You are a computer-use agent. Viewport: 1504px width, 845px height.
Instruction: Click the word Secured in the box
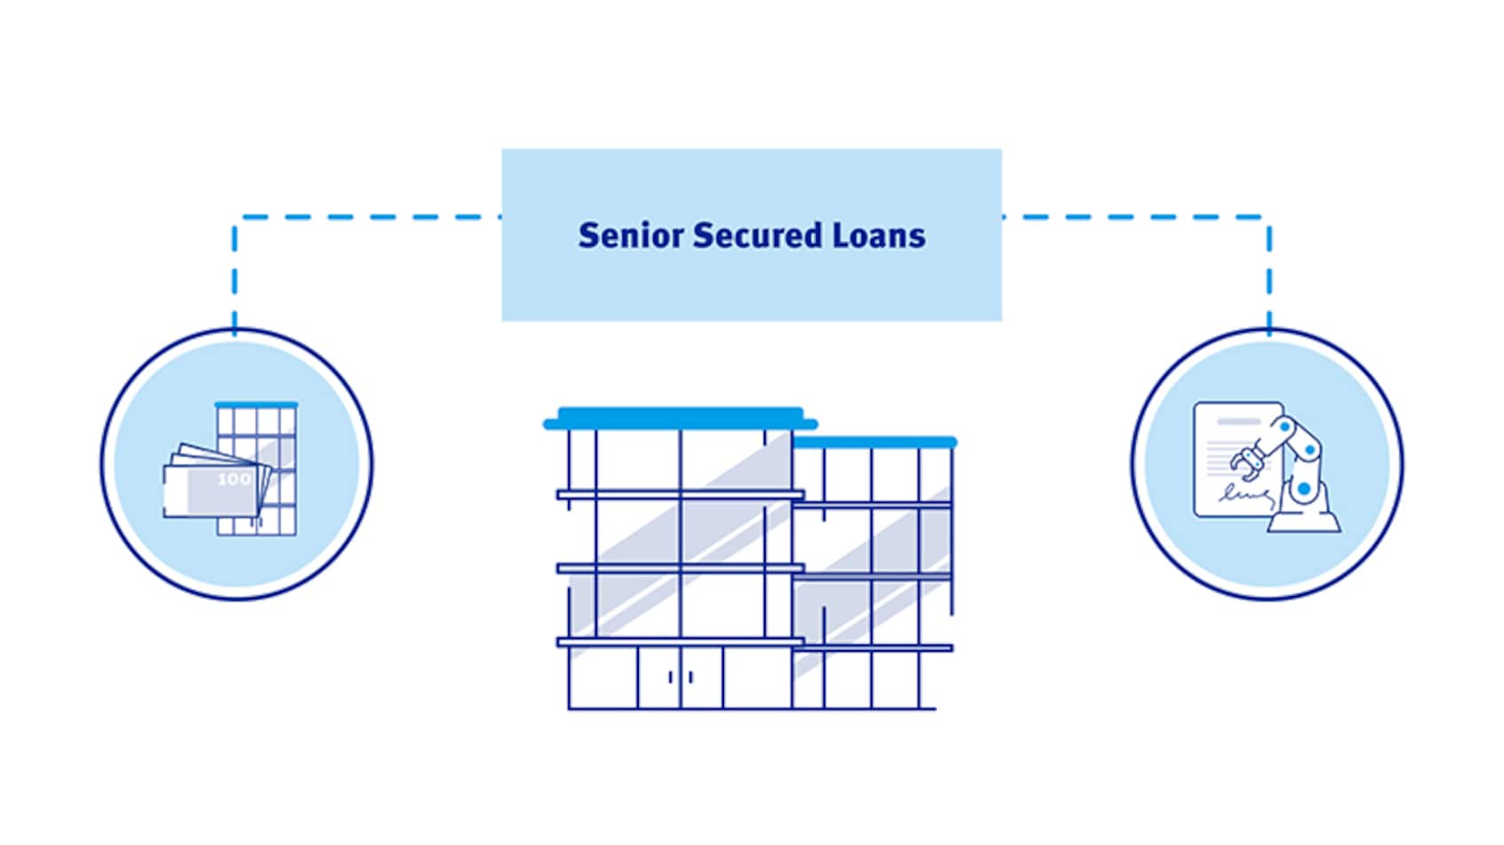coord(758,236)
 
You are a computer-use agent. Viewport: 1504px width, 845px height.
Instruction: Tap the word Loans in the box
coord(879,236)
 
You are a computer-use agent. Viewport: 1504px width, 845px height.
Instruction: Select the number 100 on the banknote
coord(233,479)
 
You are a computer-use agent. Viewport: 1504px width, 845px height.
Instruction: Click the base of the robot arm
coord(1304,520)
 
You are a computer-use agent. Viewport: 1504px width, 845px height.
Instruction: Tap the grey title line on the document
coord(1239,421)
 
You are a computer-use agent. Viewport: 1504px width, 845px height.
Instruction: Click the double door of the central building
coord(681,677)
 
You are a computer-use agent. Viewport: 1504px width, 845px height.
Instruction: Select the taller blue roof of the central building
coord(681,418)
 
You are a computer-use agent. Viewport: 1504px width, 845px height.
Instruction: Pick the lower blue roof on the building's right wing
coord(874,441)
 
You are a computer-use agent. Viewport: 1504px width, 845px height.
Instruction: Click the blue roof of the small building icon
coord(256,404)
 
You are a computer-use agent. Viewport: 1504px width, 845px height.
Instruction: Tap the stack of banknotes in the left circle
coord(217,481)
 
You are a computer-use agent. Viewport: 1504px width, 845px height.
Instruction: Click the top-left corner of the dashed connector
coord(234,216)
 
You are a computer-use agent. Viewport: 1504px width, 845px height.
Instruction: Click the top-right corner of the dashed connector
coord(1269,216)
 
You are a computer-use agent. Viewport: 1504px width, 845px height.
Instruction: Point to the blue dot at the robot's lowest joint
coord(1303,489)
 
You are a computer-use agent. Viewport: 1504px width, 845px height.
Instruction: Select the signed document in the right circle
coord(1238,460)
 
